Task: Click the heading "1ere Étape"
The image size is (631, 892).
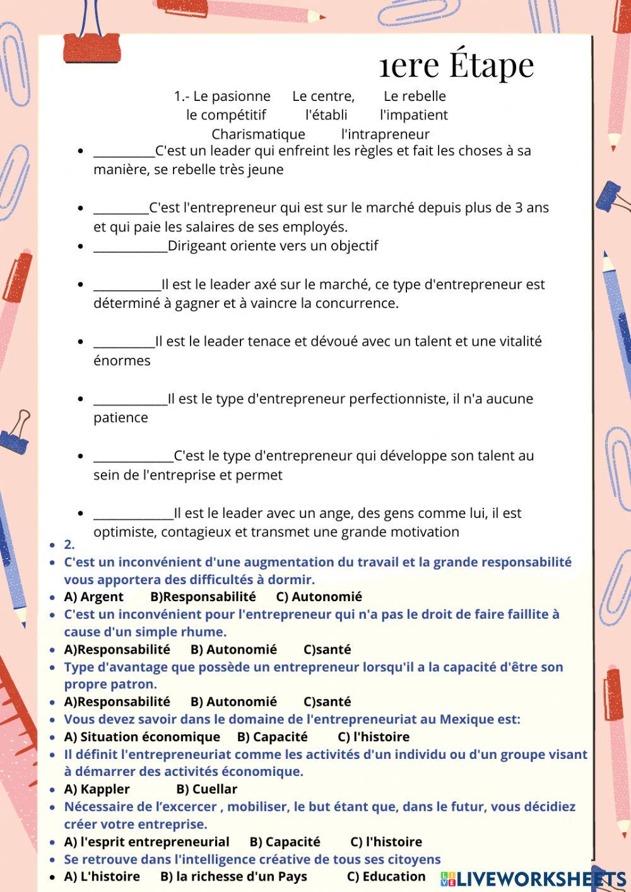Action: coord(457,64)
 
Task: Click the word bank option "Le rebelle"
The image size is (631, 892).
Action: coord(415,96)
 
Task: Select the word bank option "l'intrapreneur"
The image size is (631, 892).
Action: coord(385,134)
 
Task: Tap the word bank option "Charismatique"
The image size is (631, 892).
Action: coord(258,134)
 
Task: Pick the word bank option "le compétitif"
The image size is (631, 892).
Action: coord(226,115)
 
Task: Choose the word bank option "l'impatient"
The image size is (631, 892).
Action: coord(413,115)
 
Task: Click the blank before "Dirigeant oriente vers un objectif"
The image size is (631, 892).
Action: coord(130,246)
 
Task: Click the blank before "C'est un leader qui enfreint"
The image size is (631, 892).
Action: coord(124,151)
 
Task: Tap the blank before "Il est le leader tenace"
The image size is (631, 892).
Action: coord(124,341)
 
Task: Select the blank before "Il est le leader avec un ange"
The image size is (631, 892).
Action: coord(133,513)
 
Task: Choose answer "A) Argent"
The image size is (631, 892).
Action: coord(93,597)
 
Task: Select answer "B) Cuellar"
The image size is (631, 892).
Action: coord(206,789)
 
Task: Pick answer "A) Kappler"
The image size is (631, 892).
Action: coord(97,789)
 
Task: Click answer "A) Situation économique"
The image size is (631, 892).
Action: coord(142,737)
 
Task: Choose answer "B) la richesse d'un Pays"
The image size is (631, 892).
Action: coord(233,876)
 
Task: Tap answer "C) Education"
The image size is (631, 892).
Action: coord(386,876)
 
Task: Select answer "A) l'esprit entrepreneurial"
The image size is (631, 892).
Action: coord(146,842)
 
